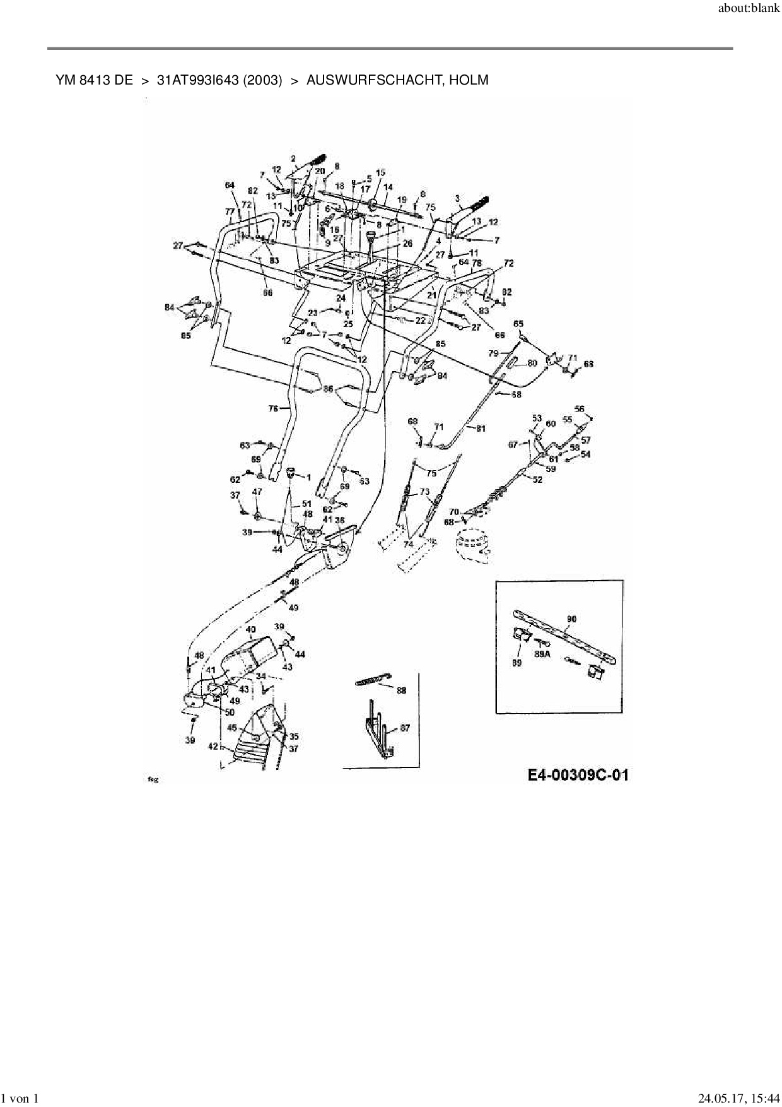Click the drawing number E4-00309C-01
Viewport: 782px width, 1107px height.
click(578, 775)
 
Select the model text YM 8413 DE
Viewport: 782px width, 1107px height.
click(95, 80)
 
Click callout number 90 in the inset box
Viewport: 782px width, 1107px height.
click(571, 619)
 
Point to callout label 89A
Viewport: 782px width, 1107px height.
click(542, 655)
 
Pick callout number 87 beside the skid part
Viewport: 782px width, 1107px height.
click(405, 728)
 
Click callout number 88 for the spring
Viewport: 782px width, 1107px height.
click(402, 690)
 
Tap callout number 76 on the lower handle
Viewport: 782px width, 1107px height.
click(273, 408)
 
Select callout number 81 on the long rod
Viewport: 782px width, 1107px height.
click(481, 429)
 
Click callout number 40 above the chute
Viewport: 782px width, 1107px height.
click(250, 629)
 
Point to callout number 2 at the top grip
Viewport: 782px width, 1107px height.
click(293, 158)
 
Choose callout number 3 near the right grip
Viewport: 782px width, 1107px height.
click(458, 198)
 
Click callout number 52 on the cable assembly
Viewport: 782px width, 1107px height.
click(537, 480)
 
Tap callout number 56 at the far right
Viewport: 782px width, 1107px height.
click(580, 408)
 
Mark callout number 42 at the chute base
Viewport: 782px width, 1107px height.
click(213, 746)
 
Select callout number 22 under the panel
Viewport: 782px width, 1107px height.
click(421, 321)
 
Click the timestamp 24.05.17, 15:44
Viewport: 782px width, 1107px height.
click(735, 1099)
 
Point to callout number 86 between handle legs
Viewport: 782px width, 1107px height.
click(328, 389)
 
